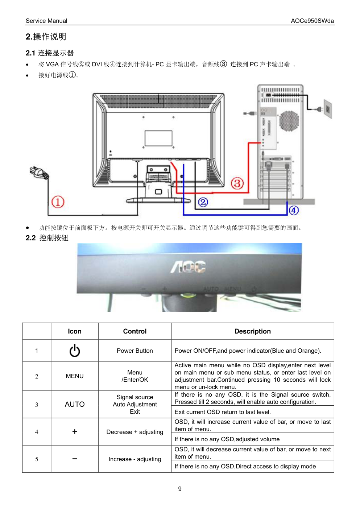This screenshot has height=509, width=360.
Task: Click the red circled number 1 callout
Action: (x=58, y=202)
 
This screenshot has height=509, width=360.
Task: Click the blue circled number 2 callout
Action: (x=203, y=202)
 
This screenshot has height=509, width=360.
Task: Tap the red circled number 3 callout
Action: (x=237, y=183)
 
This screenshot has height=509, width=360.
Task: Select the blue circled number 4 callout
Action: (x=294, y=210)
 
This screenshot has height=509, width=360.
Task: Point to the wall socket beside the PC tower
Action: (x=327, y=109)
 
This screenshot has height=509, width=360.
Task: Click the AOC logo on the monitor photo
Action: (x=189, y=267)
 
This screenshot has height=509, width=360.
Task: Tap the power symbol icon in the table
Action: (x=75, y=351)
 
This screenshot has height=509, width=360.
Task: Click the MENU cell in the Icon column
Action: (x=75, y=376)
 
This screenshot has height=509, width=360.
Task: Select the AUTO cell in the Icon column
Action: (x=75, y=404)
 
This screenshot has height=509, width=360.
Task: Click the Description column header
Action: (x=252, y=331)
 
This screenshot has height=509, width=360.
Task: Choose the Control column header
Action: (x=135, y=331)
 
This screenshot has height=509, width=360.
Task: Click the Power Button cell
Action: (x=135, y=351)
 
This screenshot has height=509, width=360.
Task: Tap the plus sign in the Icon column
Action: (x=75, y=431)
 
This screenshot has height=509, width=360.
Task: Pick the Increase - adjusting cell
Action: (x=135, y=459)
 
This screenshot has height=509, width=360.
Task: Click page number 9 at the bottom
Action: (x=180, y=489)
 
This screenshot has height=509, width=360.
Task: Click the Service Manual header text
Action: (x=46, y=21)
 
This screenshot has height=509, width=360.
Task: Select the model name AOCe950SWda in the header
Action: (x=312, y=21)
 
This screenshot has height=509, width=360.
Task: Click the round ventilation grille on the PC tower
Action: (x=289, y=120)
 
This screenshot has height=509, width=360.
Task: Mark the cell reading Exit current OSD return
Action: (x=223, y=412)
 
